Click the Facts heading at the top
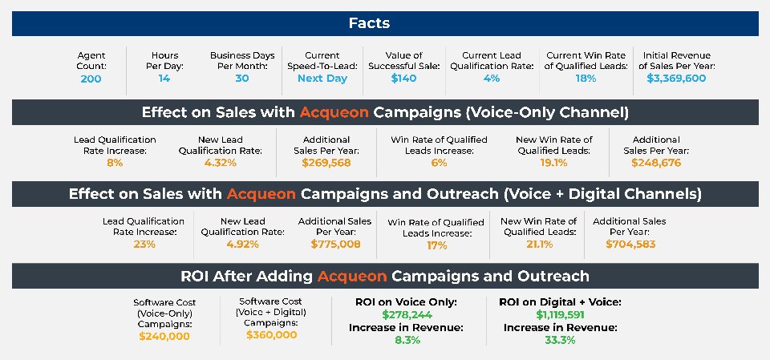click(x=369, y=23)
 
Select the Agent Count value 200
click(x=91, y=79)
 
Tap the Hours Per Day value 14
click(x=164, y=79)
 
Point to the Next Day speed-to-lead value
click(x=322, y=79)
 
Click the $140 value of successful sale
click(x=403, y=79)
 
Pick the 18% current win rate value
click(x=586, y=79)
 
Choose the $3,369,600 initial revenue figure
click(x=676, y=79)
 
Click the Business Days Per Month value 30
click(x=242, y=79)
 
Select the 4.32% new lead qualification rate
click(x=220, y=163)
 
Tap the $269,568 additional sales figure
click(x=326, y=163)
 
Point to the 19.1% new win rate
click(x=554, y=163)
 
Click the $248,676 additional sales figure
click(x=656, y=163)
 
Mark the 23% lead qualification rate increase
click(x=144, y=244)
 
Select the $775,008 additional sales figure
click(x=335, y=244)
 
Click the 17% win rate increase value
click(x=436, y=245)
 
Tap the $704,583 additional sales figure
click(x=630, y=244)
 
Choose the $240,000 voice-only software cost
click(x=164, y=337)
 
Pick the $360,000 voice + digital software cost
click(x=272, y=335)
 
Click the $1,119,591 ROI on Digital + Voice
click(x=561, y=315)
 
